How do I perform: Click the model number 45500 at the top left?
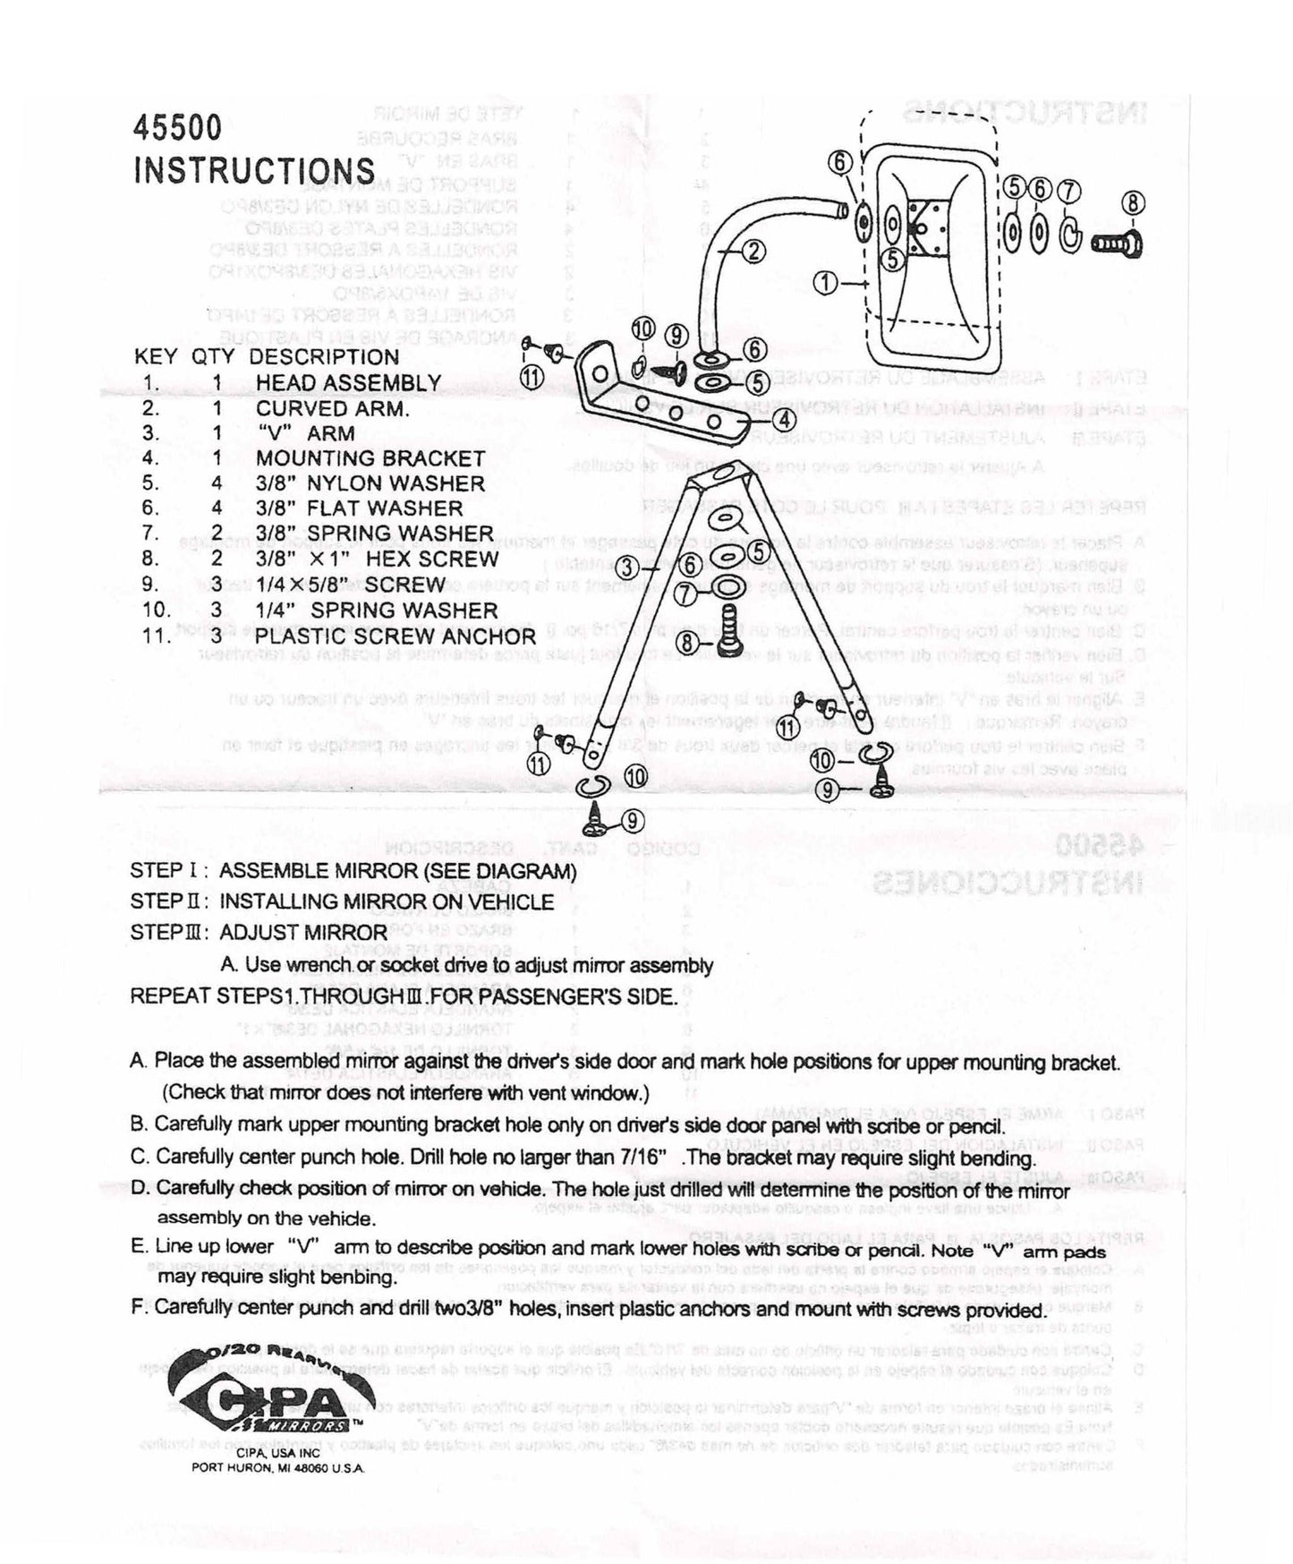point(177,128)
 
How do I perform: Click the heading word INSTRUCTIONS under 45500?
point(254,170)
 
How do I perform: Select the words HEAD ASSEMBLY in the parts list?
point(348,382)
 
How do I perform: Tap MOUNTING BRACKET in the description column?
point(370,457)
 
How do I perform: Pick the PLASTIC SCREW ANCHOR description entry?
point(395,637)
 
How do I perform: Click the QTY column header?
point(213,356)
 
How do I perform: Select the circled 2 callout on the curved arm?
point(753,252)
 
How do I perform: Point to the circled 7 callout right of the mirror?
point(1069,191)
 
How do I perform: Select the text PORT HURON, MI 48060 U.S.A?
point(278,1469)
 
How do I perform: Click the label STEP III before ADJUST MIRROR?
point(169,932)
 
